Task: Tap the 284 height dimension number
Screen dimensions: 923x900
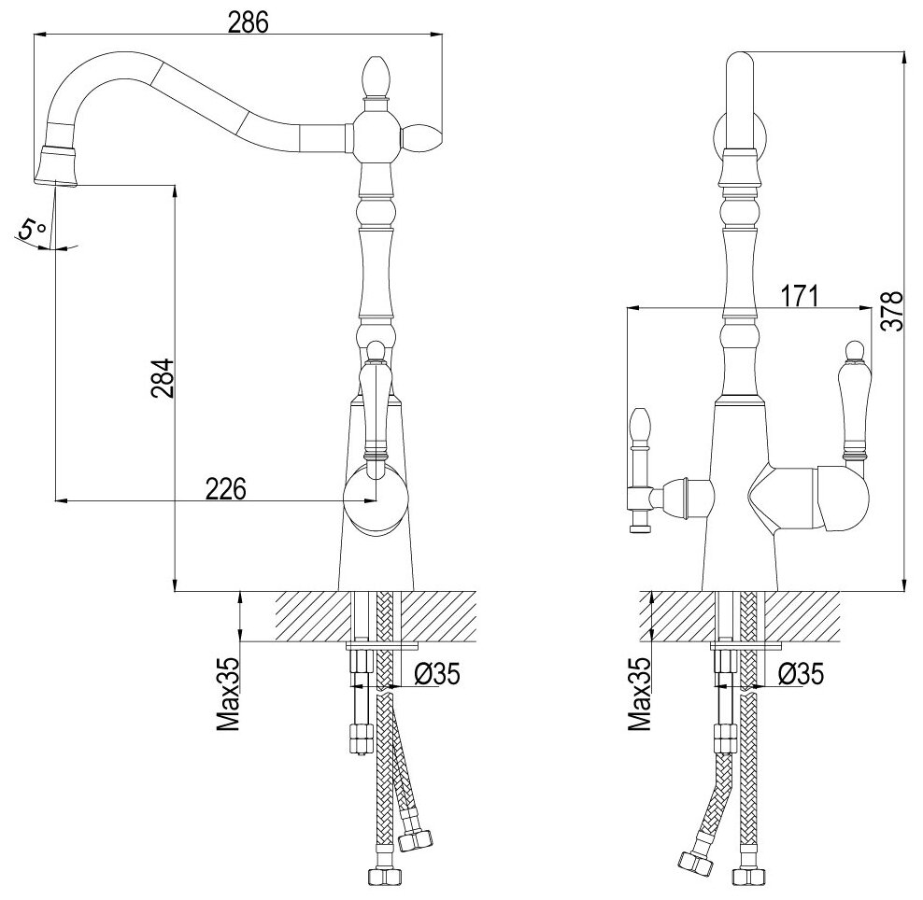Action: [163, 378]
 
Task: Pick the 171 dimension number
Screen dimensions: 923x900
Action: [800, 297]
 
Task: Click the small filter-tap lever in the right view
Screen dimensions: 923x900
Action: [640, 467]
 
